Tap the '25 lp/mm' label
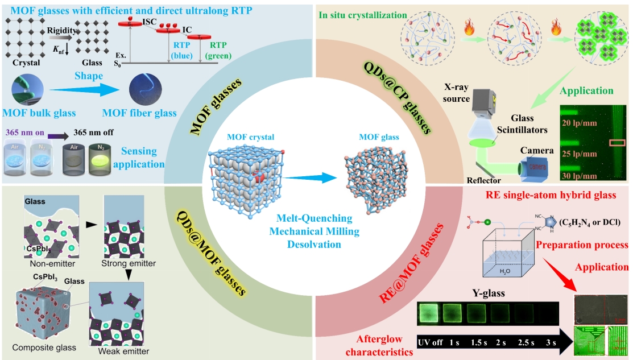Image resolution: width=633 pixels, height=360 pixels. tap(582, 154)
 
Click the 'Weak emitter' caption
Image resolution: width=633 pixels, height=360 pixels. tap(122, 351)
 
